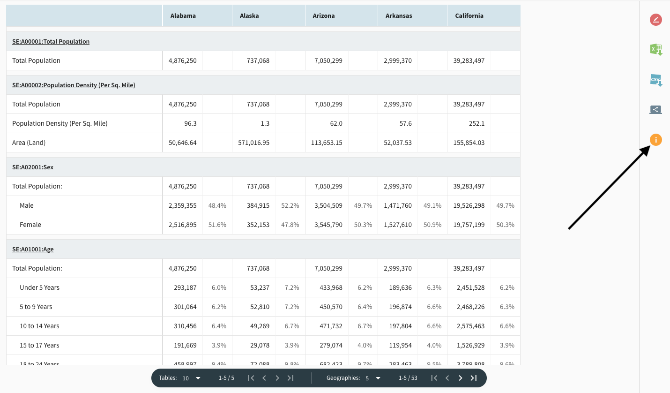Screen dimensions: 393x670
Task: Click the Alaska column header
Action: click(x=249, y=15)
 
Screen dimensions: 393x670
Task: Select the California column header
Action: click(x=469, y=15)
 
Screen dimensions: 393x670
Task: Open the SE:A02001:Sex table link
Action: click(x=33, y=167)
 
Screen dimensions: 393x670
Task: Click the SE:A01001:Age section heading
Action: click(x=33, y=249)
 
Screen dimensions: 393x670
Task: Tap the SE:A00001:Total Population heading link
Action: click(x=51, y=41)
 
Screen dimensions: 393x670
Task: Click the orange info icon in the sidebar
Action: click(x=656, y=140)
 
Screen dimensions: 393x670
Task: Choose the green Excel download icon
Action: click(x=656, y=50)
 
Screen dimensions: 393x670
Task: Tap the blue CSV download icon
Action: click(x=656, y=80)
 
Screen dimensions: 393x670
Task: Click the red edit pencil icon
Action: click(x=656, y=20)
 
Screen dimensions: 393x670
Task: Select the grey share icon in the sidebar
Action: click(x=656, y=110)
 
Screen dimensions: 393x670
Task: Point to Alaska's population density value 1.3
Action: click(x=265, y=123)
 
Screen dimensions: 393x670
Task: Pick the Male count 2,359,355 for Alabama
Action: click(x=183, y=205)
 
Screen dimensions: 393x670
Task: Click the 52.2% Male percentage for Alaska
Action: click(x=290, y=205)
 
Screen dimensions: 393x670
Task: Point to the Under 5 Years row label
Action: click(x=39, y=287)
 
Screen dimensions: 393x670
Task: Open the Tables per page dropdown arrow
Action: click(x=198, y=378)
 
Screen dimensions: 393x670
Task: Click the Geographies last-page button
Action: click(x=474, y=378)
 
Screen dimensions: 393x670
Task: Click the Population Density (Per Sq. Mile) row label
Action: click(x=60, y=123)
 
